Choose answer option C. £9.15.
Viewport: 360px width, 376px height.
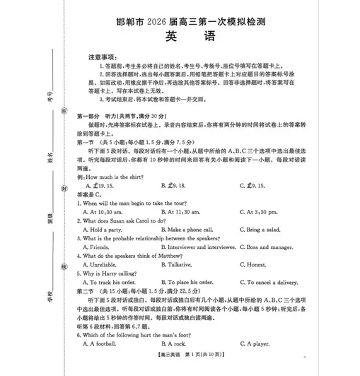[257, 184]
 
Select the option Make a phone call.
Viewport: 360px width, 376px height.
[187, 229]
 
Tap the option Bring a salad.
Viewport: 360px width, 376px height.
[260, 229]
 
